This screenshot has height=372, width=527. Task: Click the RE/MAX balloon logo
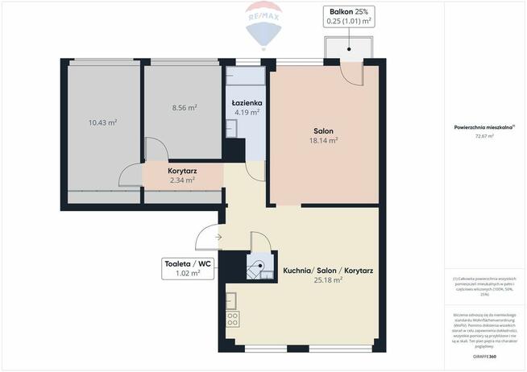click(263, 29)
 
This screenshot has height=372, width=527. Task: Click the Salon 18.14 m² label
click(324, 134)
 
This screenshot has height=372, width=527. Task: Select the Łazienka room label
click(247, 103)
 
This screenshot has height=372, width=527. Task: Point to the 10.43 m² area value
click(103, 122)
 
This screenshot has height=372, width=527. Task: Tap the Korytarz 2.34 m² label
click(183, 176)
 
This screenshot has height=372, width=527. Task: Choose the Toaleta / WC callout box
click(189, 267)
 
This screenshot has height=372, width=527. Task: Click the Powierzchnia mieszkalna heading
click(484, 126)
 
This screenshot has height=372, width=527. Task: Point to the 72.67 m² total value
click(484, 136)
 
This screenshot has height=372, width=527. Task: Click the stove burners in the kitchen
click(232, 317)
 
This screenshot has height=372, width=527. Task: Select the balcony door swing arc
click(352, 73)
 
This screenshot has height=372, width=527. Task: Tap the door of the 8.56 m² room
click(156, 149)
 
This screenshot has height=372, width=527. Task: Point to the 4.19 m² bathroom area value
click(247, 113)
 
